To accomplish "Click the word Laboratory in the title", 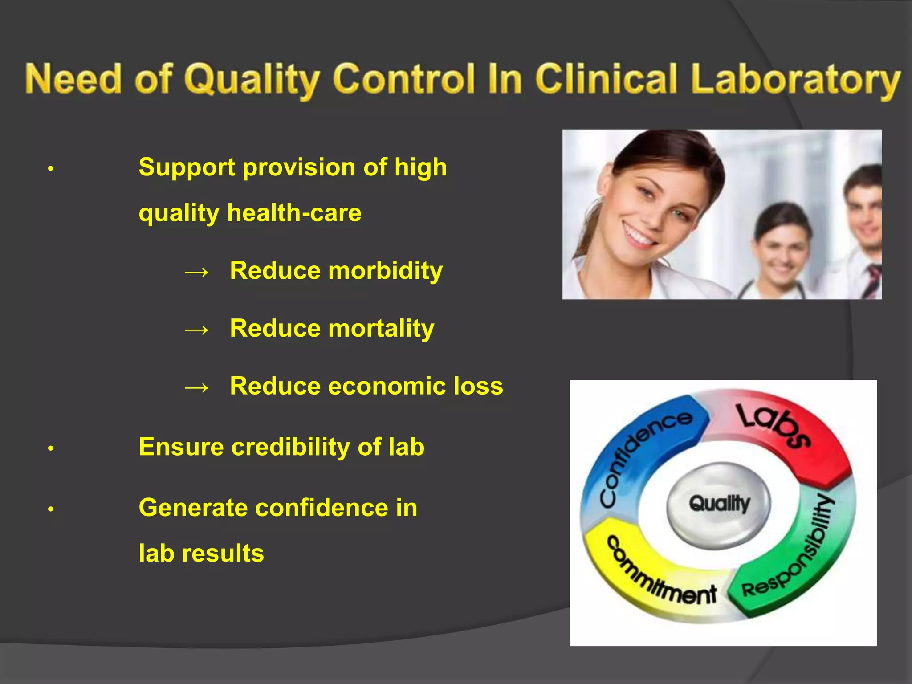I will pos(795,80).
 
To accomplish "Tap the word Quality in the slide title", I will pos(252,80).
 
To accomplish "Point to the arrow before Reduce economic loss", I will pos(196,387).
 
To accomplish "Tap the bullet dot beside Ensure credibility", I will pos(51,448).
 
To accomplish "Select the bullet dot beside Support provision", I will pos(51,169).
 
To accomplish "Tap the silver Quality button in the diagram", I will pos(719,504).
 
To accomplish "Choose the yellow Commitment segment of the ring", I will pos(655,574).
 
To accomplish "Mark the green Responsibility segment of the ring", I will pos(797,561).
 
